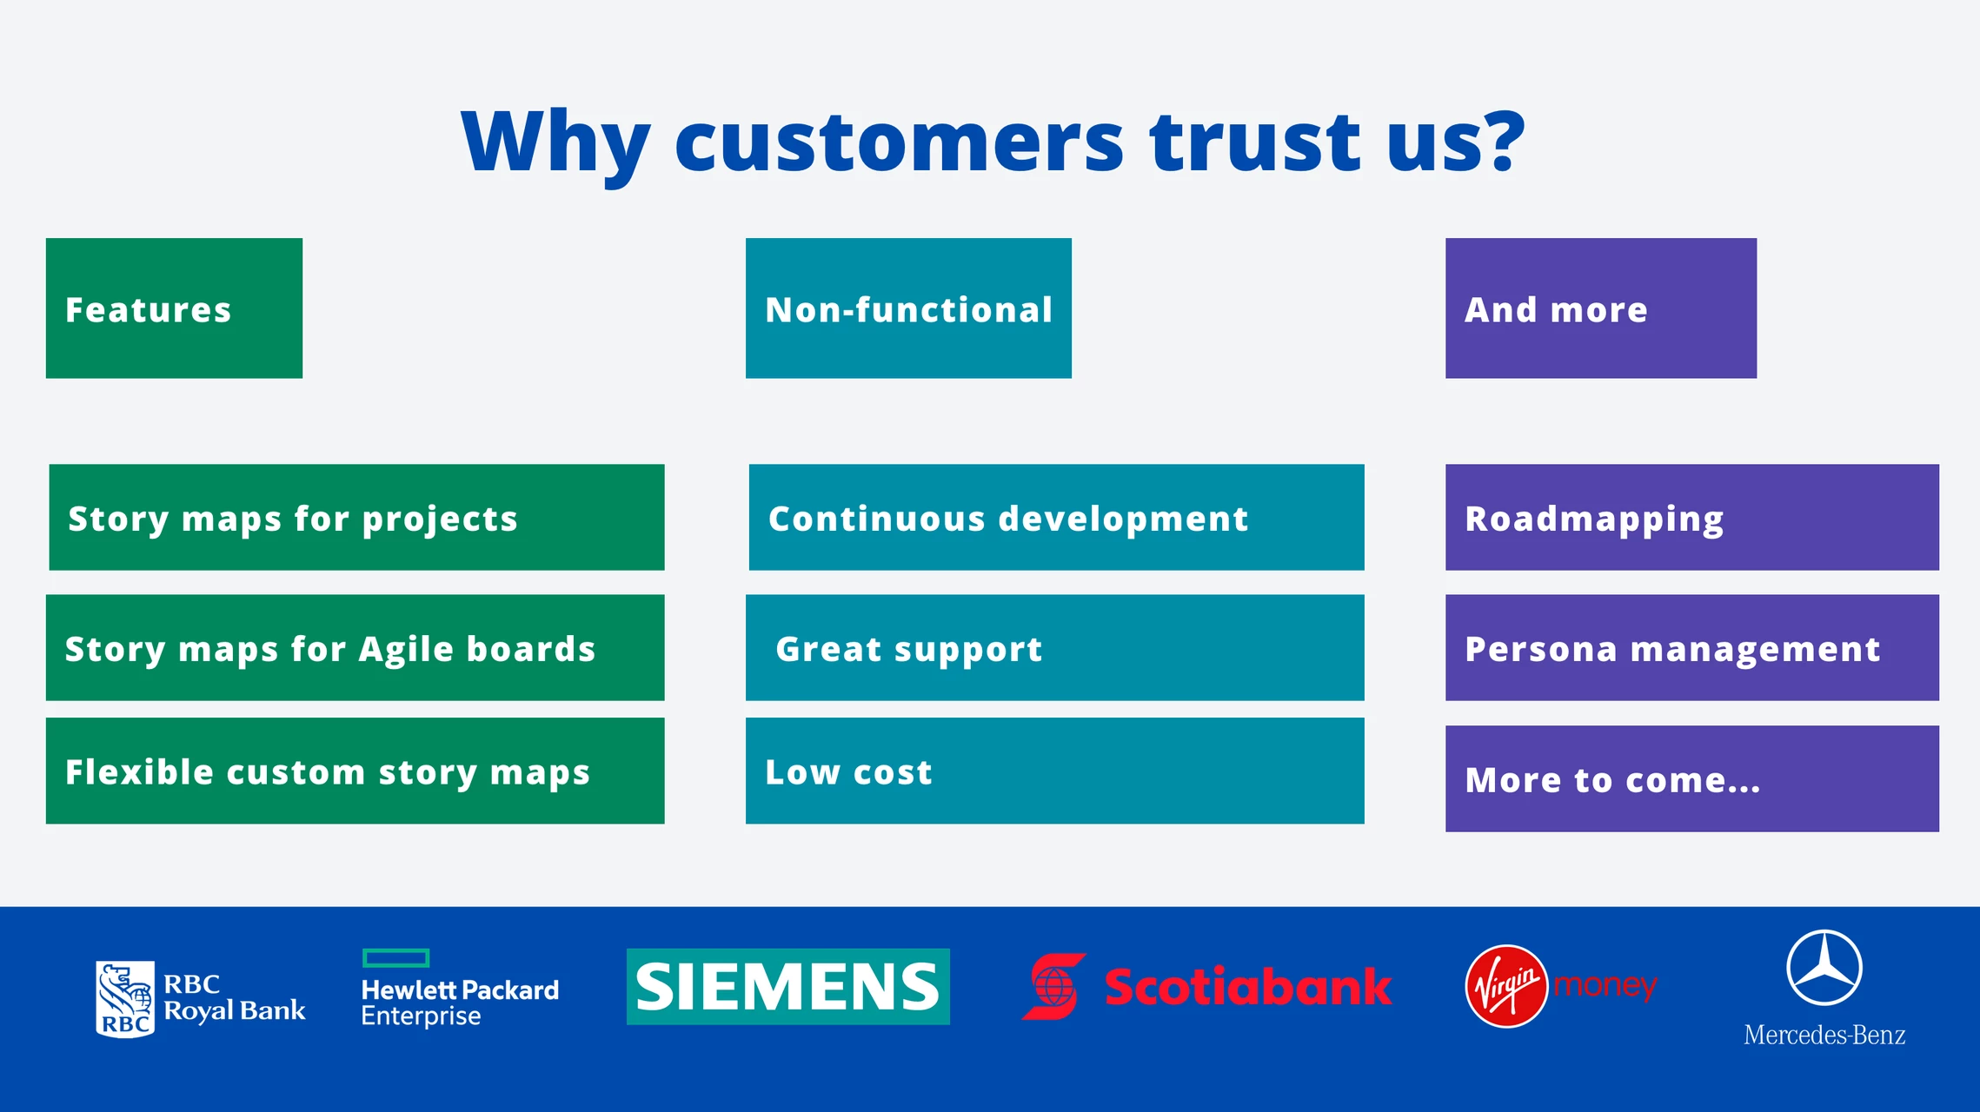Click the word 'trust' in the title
[x=1254, y=141]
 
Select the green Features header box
[x=174, y=308]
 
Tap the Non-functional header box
[x=908, y=308]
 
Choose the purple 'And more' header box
[x=1601, y=308]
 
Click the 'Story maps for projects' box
[x=356, y=518]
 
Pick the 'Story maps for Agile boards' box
[x=355, y=648]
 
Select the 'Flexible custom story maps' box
[x=355, y=771]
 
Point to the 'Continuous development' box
[x=1056, y=518]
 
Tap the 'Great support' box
[x=1055, y=648]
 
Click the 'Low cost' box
[x=1055, y=771]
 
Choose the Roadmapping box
[x=1692, y=518]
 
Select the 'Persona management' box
[x=1692, y=648]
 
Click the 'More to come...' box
[x=1692, y=778]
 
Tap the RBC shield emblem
[x=125, y=999]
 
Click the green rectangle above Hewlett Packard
[x=395, y=958]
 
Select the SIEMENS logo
[x=788, y=987]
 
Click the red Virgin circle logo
[x=1506, y=987]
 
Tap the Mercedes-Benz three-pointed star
[x=1824, y=968]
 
